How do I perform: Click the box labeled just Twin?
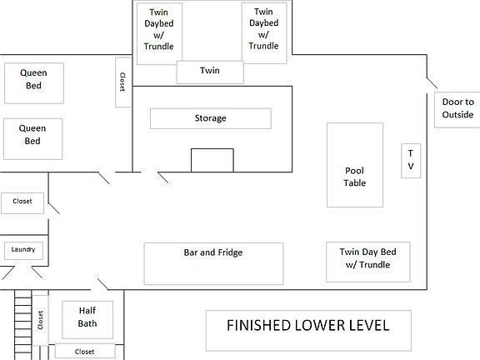[x=210, y=72]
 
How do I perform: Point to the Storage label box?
[x=210, y=118]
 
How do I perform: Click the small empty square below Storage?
[x=212, y=160]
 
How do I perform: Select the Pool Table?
[x=355, y=165]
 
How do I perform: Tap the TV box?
[x=410, y=160]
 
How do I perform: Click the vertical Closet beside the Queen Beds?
[x=122, y=82]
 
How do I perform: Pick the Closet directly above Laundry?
[x=22, y=202]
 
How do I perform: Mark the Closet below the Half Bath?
[x=84, y=352]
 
